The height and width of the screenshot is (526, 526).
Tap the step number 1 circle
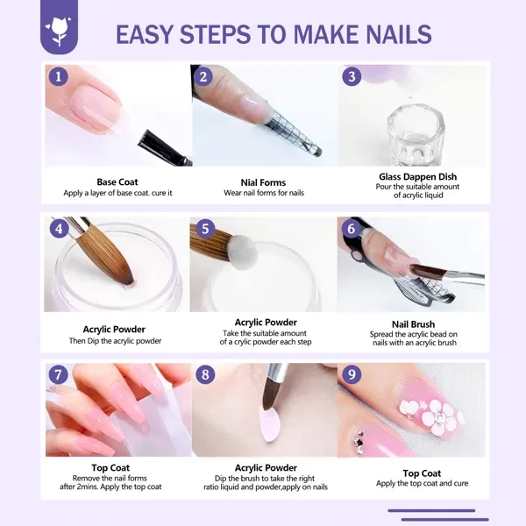[x=58, y=76]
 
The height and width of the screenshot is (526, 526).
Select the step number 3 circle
[x=352, y=76]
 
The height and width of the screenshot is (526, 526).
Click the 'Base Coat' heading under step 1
[x=117, y=182]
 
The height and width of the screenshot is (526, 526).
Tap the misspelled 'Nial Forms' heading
[x=263, y=182]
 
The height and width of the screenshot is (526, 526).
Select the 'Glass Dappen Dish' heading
[x=411, y=176]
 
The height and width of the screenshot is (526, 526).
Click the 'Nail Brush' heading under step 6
[x=412, y=324]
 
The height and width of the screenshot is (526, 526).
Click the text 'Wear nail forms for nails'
[x=264, y=193]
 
